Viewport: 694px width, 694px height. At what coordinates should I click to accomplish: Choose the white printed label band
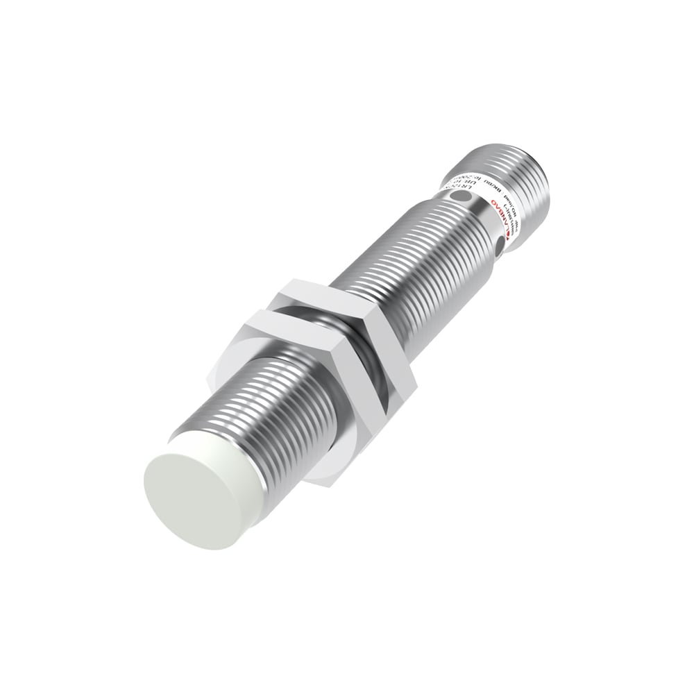479,208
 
